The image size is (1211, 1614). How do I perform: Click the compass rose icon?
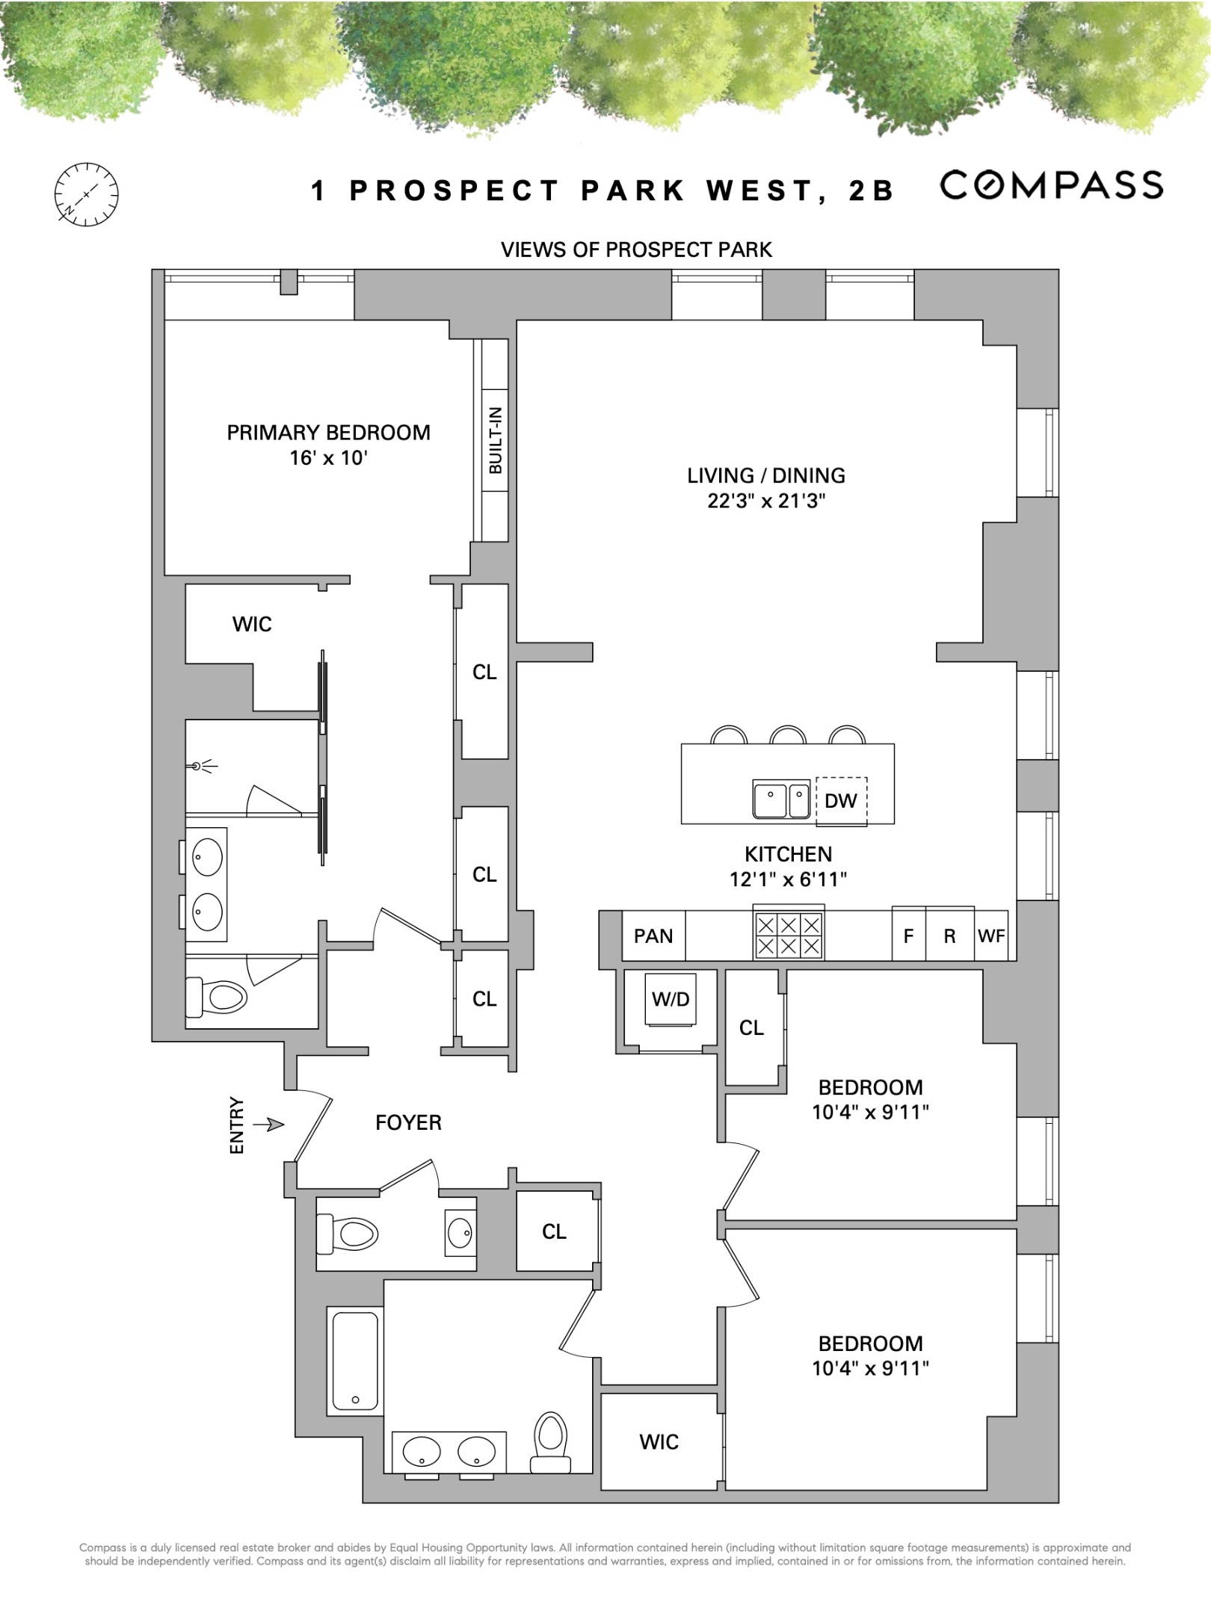[86, 194]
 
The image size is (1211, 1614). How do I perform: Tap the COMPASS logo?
[1051, 185]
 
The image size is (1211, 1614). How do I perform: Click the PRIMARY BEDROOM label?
[328, 433]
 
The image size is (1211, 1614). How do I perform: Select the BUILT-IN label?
[496, 441]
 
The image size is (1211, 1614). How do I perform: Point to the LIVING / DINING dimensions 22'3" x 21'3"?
[766, 501]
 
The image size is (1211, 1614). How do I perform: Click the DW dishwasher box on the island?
[841, 801]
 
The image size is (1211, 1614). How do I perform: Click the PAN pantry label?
[653, 936]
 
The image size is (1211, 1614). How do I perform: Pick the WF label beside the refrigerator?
[991, 936]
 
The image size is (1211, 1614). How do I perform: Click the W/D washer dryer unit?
[671, 1000]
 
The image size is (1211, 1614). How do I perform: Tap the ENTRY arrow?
[268, 1124]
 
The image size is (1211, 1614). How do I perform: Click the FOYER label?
[408, 1122]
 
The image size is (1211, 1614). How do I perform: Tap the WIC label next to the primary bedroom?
[252, 624]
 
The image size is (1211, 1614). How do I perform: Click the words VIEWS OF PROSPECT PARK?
[636, 250]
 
